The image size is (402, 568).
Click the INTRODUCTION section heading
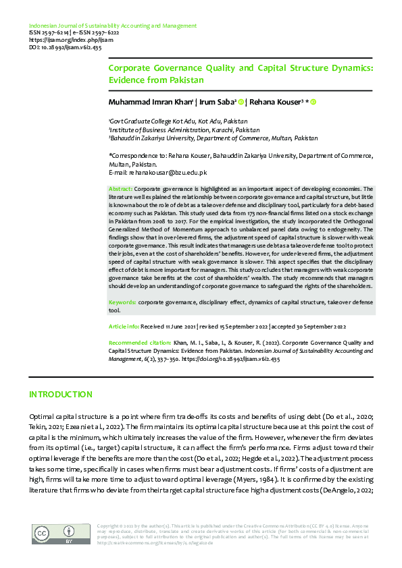point(61,394)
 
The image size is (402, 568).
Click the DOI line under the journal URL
point(65,47)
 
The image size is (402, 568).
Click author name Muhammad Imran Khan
point(151,102)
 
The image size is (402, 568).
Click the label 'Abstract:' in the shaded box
point(121,190)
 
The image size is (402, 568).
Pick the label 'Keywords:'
point(123,302)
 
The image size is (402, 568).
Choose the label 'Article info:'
point(125,326)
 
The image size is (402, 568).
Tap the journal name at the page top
point(113,26)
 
